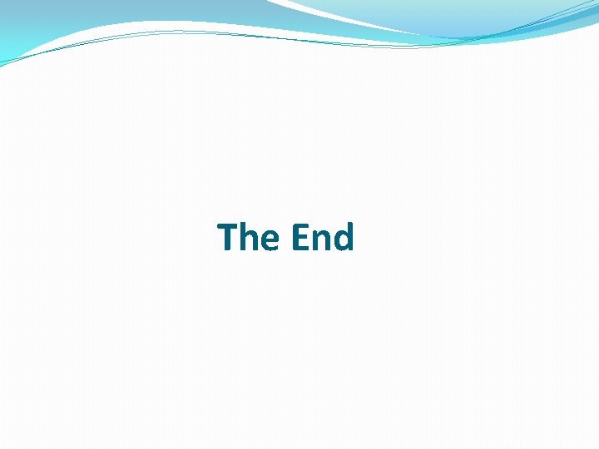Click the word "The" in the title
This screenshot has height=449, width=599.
[248, 237]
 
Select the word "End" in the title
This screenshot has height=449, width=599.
[322, 237]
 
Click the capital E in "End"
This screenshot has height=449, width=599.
[299, 237]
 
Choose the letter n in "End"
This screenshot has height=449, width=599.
[320, 241]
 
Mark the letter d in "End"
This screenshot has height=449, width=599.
[343, 239]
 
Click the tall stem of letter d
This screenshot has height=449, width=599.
[351, 236]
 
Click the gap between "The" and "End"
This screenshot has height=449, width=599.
[285, 238]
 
